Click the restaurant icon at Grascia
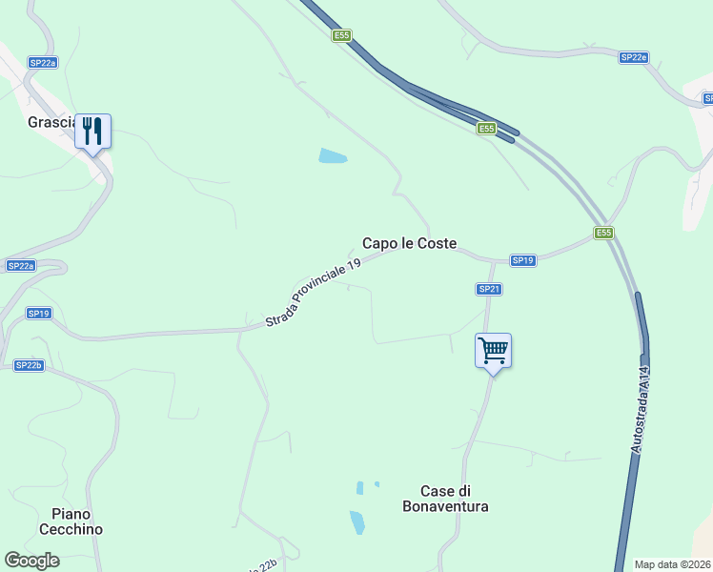[92, 131]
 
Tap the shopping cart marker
[493, 351]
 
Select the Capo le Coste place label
[409, 243]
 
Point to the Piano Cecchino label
[71, 521]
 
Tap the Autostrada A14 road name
[641, 408]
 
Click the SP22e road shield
[634, 57]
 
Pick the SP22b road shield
[29, 365]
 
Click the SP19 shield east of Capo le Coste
[523, 260]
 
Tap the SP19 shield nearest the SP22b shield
[38, 313]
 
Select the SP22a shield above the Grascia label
[43, 62]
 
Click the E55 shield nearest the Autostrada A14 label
[603, 233]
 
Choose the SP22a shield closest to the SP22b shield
[21, 265]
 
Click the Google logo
[32, 560]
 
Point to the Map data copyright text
[673, 564]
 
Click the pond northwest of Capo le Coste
[333, 155]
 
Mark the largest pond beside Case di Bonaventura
[357, 522]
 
